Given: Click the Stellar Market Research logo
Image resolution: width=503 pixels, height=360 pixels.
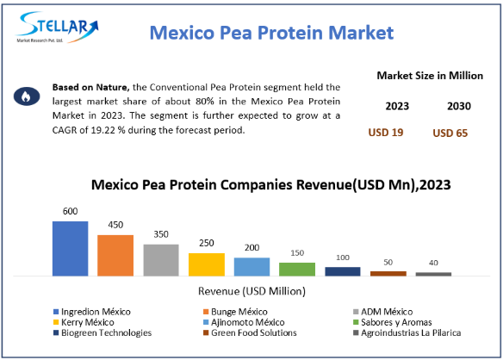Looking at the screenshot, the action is [57, 28].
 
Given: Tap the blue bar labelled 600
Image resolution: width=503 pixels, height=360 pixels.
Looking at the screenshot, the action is [71, 249].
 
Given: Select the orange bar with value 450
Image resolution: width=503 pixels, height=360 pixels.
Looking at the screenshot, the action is [115, 256].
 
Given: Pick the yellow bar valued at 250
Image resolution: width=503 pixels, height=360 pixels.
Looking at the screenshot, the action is [207, 264].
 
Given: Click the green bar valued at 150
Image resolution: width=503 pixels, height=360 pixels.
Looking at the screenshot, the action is [297, 270].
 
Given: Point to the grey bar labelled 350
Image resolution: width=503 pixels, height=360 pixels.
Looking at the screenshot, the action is [161, 260].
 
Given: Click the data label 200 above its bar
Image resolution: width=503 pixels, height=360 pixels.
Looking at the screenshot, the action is [251, 248].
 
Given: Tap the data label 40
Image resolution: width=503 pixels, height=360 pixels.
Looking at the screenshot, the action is [433, 263].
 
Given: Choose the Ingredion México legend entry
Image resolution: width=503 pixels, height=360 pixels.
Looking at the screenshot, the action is [92, 312].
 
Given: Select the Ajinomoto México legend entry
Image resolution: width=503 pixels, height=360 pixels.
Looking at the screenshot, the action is [244, 322].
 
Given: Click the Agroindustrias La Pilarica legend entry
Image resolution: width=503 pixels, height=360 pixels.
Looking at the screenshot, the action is [407, 332].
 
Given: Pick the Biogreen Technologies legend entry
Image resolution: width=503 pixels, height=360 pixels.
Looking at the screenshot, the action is [102, 332].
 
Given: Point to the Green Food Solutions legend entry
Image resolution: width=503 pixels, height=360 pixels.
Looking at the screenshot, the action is [251, 332].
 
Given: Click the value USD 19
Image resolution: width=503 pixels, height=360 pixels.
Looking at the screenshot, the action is [386, 133].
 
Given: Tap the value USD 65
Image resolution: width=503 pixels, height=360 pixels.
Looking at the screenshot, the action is [450, 133].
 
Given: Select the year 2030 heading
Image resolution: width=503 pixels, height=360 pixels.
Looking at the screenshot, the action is [459, 106].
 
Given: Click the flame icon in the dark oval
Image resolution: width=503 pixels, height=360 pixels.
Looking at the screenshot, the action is [27, 96].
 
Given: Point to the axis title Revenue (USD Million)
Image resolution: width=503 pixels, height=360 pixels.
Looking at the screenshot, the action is [251, 291].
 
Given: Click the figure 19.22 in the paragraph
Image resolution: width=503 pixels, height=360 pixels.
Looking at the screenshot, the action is [102, 130].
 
